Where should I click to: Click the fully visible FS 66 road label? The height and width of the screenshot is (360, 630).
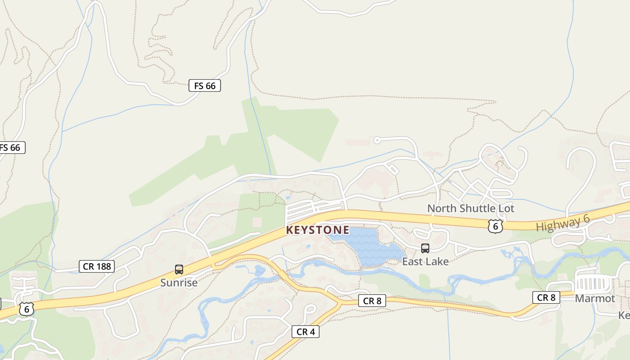click(x=205, y=85)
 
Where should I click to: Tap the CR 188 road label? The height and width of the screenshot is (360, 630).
click(x=97, y=266)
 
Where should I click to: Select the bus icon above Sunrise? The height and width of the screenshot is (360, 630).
click(x=179, y=270)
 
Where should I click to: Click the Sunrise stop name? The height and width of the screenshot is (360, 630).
click(x=179, y=283)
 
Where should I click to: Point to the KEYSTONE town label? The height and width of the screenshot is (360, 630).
click(x=318, y=230)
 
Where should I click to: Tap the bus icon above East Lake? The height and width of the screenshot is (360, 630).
click(x=425, y=248)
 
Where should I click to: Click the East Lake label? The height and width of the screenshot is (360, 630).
click(x=425, y=261)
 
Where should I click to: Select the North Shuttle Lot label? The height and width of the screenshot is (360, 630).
click(x=470, y=209)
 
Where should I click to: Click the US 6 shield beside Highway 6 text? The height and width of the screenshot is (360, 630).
click(x=495, y=226)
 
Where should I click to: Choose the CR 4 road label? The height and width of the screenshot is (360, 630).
click(x=305, y=332)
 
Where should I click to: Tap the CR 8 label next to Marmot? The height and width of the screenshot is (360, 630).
click(x=546, y=297)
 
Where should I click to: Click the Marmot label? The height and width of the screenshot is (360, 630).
click(x=595, y=298)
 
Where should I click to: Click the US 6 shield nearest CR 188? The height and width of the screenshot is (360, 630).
click(x=27, y=309)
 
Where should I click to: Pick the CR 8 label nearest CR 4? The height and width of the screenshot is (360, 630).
click(x=372, y=301)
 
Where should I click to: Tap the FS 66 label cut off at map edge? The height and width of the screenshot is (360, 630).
click(x=11, y=148)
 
